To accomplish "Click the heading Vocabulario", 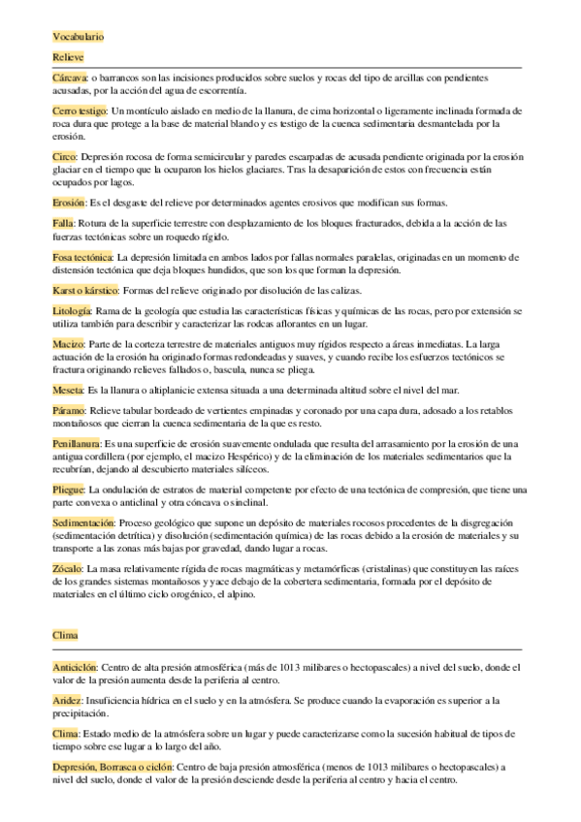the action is click(x=79, y=37).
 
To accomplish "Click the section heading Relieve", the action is click(x=69, y=58).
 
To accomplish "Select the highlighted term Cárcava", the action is click(x=70, y=77).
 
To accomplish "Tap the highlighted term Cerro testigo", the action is click(x=81, y=112).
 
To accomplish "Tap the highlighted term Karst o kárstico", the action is click(x=85, y=292).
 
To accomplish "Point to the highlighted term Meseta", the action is click(x=69, y=390).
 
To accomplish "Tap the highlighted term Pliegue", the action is click(x=70, y=489).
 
